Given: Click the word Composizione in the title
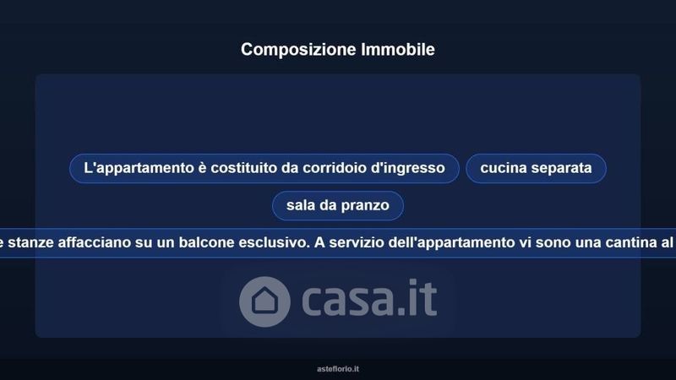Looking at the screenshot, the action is tap(298, 50).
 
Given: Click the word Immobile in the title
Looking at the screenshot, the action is tap(398, 49).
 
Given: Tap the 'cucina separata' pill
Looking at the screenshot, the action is tap(536, 168).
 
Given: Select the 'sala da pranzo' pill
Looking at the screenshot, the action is tap(338, 205).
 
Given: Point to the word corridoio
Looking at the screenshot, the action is tap(335, 167).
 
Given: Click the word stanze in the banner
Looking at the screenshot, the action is tap(30, 242).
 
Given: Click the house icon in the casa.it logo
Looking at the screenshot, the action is tap(264, 301).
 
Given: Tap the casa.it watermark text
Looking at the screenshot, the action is tap(369, 298).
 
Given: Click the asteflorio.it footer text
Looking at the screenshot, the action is tap(338, 369).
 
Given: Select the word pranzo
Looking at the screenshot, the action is tap(365, 206).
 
